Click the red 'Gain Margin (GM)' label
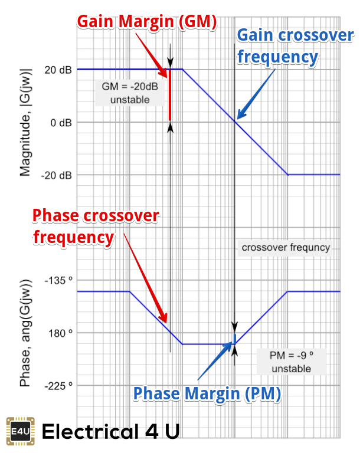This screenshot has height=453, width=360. coord(147,21)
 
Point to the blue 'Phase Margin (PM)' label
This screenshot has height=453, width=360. coord(206,393)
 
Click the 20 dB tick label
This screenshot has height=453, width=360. coord(58,70)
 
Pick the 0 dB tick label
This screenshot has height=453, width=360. coord(61,123)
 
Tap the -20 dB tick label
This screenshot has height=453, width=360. coord(57,175)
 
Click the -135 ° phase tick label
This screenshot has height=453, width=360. coord(57,280)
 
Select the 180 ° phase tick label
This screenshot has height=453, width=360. coord(60,333)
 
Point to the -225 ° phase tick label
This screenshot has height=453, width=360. coord(57,386)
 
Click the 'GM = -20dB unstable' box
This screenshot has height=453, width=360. coord(130,93)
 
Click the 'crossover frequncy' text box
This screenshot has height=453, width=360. coord(286,248)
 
